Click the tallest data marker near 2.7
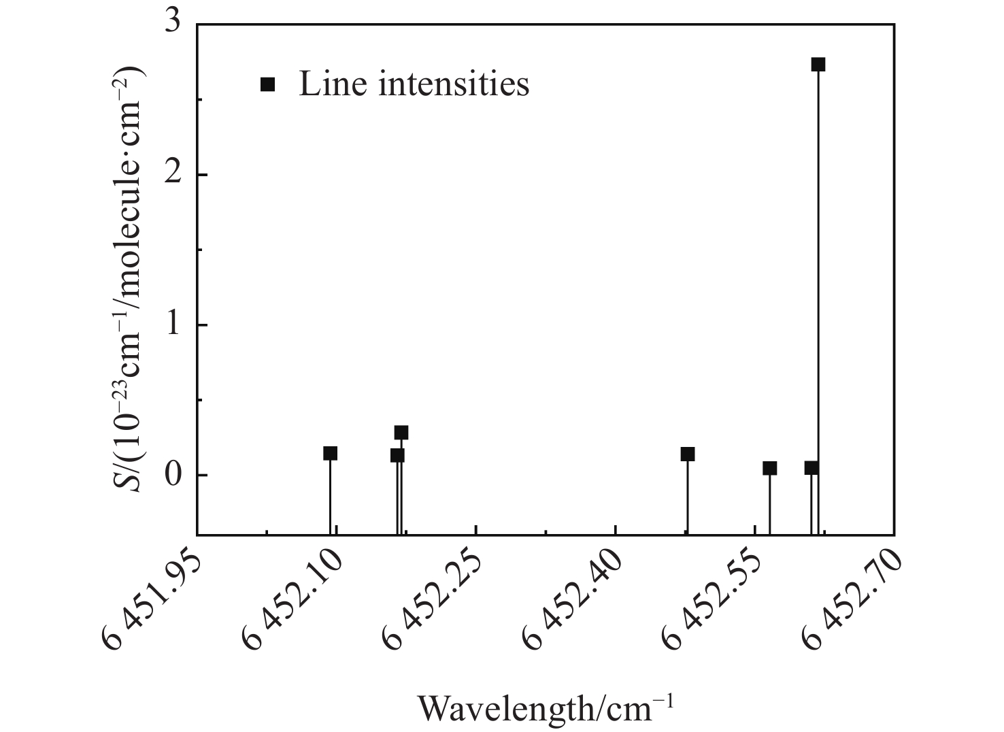[818, 65]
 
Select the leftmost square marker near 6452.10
[331, 453]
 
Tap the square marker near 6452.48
[688, 454]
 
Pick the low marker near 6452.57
[769, 468]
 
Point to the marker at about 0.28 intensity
[401, 433]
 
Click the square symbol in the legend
[268, 84]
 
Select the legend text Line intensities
[414, 84]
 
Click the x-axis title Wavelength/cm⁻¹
[545, 708]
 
